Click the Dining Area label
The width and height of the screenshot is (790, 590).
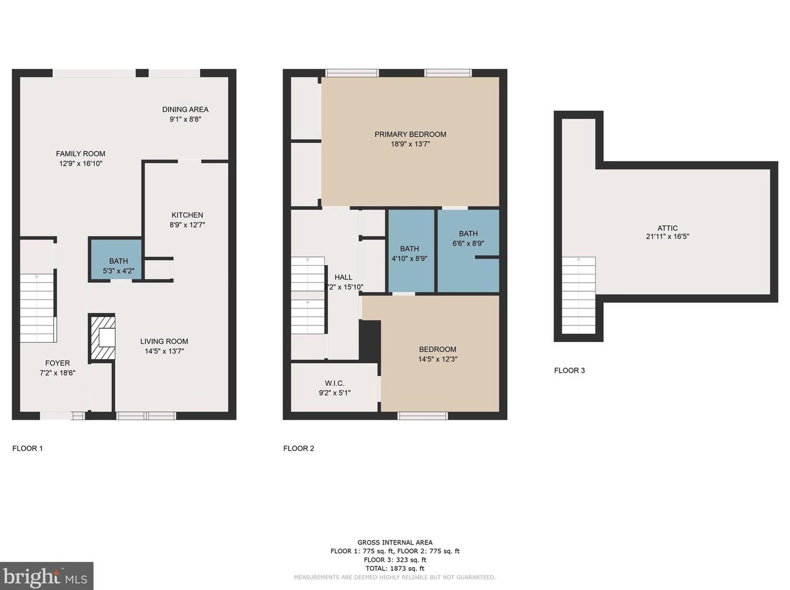185,110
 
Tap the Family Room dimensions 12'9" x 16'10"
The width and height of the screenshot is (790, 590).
81,164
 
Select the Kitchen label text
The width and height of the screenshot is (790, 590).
187,215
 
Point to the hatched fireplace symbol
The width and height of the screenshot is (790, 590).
102,338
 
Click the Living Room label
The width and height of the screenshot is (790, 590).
164,341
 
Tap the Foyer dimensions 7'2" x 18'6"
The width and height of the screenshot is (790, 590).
58,373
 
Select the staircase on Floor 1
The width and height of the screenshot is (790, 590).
37,307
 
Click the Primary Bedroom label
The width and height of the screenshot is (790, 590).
410,134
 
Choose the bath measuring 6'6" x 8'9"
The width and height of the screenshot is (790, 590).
468,238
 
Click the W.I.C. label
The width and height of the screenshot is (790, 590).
335,383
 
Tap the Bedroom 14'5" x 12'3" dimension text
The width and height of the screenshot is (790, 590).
438,359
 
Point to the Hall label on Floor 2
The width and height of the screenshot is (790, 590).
343,277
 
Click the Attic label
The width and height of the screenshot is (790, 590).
668,228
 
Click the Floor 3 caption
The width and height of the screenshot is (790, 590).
570,371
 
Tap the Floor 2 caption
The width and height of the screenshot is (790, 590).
299,448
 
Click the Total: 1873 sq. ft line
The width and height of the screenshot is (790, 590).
394,568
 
